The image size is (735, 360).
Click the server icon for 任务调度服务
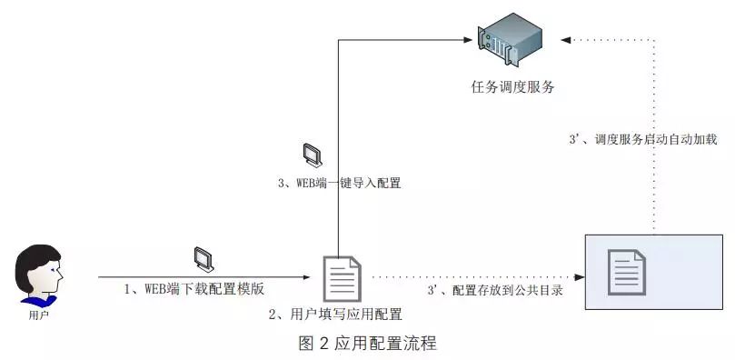click(512, 41)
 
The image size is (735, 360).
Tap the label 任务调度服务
click(512, 87)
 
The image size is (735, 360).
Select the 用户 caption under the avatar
click(38, 316)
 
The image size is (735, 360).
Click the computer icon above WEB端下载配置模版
click(204, 260)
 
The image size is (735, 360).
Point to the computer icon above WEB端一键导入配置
click(312, 155)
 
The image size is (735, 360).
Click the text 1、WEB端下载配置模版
click(194, 289)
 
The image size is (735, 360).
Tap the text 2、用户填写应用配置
click(335, 314)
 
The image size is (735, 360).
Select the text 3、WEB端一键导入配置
click(339, 183)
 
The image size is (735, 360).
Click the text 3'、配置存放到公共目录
click(495, 291)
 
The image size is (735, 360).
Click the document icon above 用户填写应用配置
click(343, 277)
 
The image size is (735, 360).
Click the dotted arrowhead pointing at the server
click(568, 39)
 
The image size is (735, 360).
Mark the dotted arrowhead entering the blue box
click(578, 276)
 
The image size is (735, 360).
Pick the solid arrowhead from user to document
click(304, 276)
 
